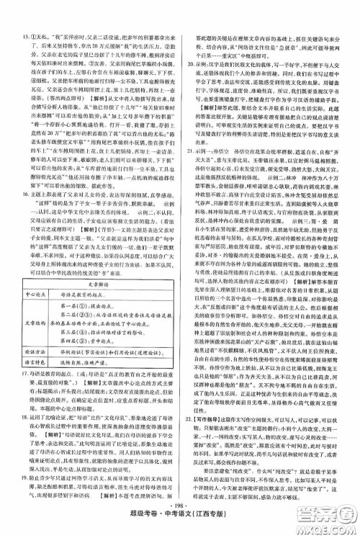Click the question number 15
[26, 16]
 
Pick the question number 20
[186, 63]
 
